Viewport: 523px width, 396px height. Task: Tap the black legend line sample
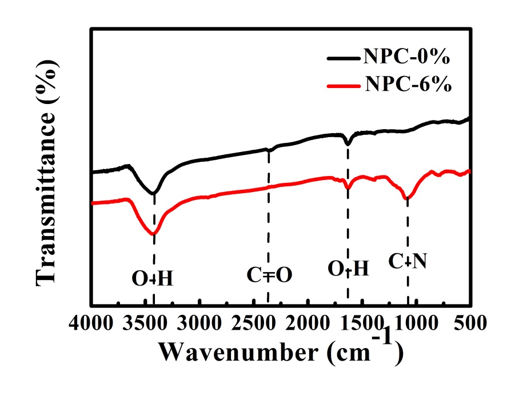(344, 58)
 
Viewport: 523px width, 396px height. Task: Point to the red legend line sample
(344, 86)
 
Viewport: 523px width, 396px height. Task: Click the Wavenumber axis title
(281, 351)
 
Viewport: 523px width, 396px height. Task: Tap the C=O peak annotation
(269, 275)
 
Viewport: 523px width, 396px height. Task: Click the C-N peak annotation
(408, 262)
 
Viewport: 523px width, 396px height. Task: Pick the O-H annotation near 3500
(153, 279)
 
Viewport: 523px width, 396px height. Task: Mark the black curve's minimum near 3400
(154, 194)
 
